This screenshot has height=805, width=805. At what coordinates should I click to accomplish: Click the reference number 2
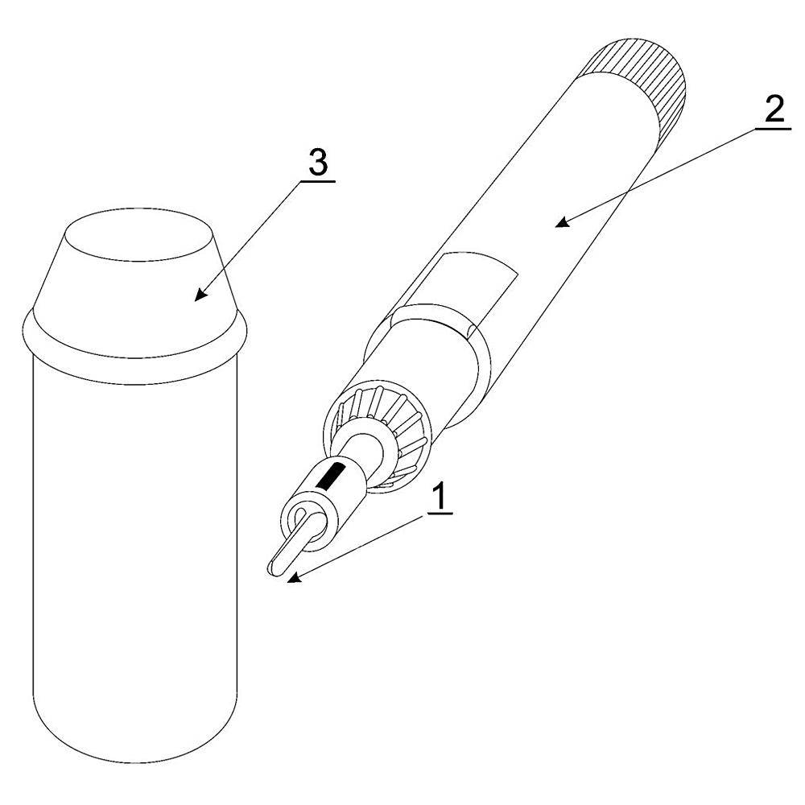click(774, 109)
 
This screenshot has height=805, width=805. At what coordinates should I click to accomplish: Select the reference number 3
click(318, 163)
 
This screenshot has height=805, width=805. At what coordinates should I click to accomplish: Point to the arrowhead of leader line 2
click(565, 222)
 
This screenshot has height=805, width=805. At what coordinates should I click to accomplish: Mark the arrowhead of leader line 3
click(200, 295)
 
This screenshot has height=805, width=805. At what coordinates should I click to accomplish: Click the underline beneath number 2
click(773, 128)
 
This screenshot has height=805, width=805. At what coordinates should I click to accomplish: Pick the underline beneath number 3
click(318, 181)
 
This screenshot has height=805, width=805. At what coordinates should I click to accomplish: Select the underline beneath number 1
click(439, 512)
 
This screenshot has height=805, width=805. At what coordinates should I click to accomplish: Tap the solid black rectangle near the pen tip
click(330, 475)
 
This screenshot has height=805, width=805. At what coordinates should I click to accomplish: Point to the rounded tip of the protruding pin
click(272, 568)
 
